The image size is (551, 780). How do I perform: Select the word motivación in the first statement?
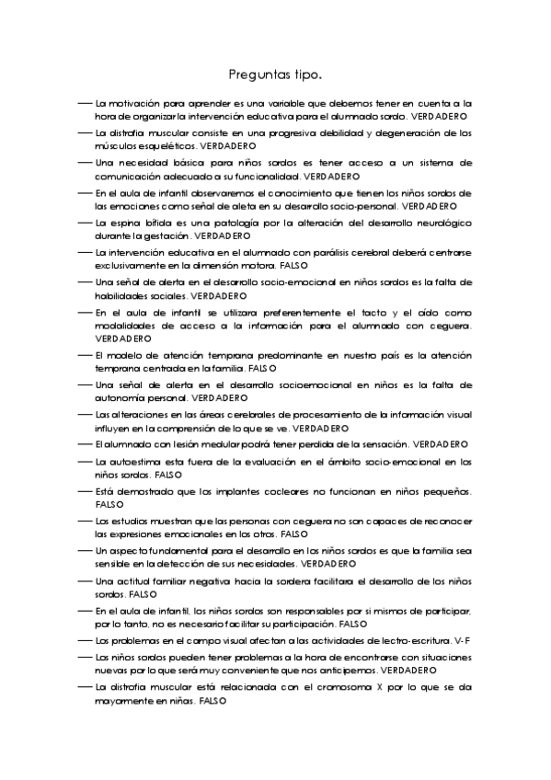140,104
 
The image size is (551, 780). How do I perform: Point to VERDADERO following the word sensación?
441,444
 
